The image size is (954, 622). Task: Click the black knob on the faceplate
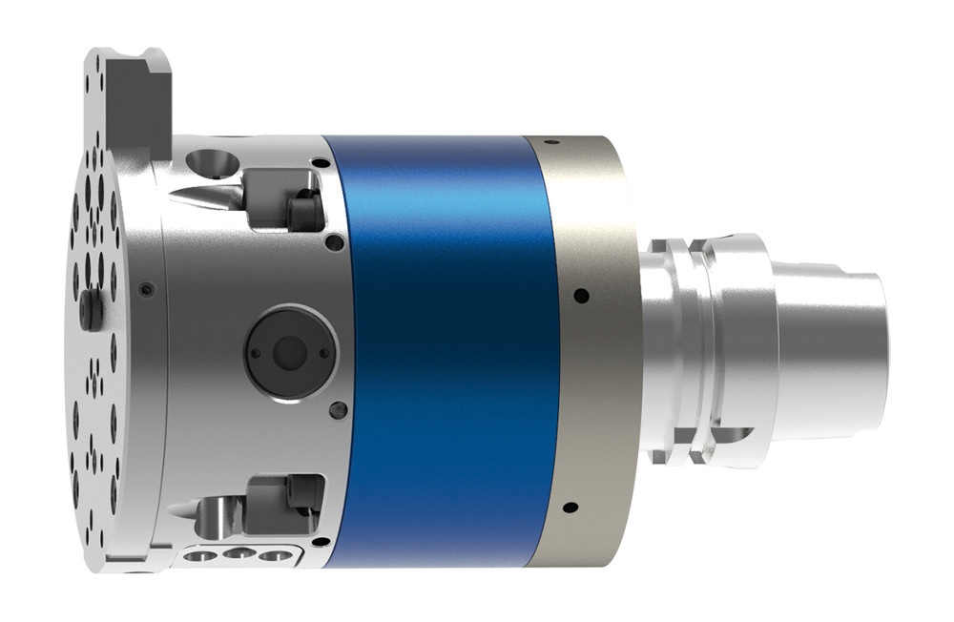click(91, 309)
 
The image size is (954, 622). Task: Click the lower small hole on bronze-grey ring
click(570, 507)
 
